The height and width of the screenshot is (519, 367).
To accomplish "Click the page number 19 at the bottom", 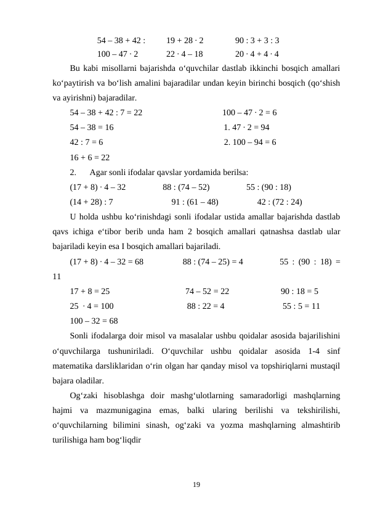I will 196,486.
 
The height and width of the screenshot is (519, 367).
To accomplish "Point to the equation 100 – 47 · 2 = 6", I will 249,113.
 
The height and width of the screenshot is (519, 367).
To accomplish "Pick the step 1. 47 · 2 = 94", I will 247,128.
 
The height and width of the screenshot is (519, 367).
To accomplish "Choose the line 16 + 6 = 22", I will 90,157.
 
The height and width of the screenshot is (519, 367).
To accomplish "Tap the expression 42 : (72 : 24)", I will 280,202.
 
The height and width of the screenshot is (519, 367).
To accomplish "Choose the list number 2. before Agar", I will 73,172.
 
